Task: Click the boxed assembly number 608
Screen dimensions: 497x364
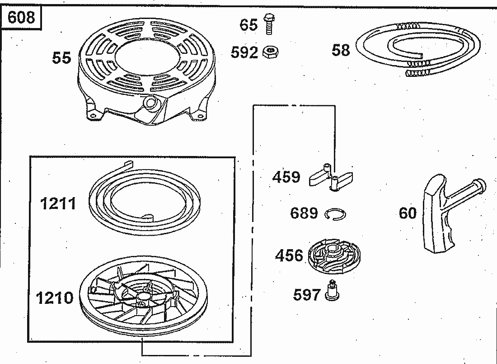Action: tap(21, 17)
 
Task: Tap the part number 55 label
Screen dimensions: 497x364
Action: tap(61, 58)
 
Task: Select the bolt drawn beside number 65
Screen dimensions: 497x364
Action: tap(269, 24)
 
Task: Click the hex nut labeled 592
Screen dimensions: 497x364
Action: tap(271, 52)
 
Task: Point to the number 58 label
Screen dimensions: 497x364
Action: tap(341, 50)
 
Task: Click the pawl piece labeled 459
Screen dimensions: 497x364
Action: tap(331, 177)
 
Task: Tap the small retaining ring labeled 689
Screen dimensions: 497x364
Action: tap(336, 214)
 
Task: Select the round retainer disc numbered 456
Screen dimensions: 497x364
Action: tap(334, 256)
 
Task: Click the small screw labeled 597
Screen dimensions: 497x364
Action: tap(332, 290)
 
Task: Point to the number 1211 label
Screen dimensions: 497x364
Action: tap(58, 203)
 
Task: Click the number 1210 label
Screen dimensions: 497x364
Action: tap(55, 298)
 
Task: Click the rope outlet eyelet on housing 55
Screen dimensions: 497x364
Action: tap(150, 102)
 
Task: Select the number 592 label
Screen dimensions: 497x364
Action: tap(244, 52)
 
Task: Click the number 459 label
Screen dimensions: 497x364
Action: tap(286, 177)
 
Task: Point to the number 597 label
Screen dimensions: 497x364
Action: tap(307, 295)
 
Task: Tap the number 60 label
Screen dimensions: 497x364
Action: tap(408, 213)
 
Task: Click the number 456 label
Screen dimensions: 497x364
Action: tap(289, 255)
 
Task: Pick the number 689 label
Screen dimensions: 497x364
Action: tap(304, 213)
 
